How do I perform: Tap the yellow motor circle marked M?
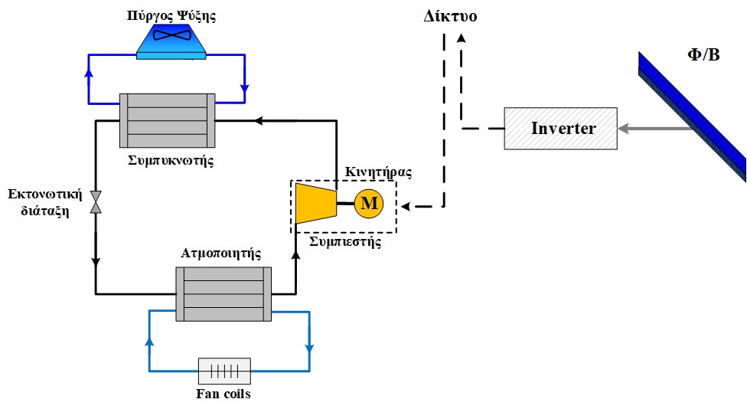[x=369, y=204]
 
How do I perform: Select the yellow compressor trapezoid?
[x=317, y=203]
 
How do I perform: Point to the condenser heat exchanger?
[x=167, y=120]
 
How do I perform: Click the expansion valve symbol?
[x=96, y=201]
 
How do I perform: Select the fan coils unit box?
[x=224, y=371]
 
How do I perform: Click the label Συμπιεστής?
[x=343, y=241]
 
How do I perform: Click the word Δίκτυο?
[x=451, y=15]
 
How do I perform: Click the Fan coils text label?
[x=223, y=395]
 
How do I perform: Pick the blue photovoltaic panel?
[x=693, y=115]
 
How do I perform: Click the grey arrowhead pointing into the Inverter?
[x=625, y=129]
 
